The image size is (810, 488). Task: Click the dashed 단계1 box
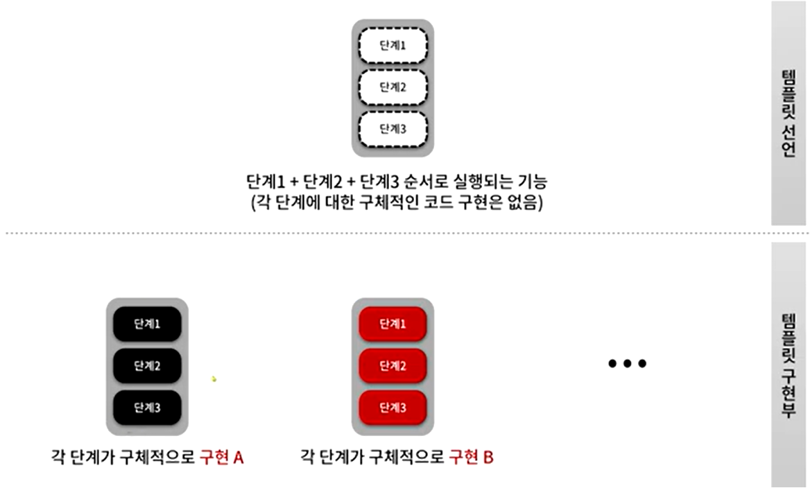pos(393,46)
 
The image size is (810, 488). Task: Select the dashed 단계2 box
pos(393,87)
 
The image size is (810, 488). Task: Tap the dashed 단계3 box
pos(393,129)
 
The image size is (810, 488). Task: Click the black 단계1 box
pos(147,324)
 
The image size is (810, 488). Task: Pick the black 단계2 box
pos(147,365)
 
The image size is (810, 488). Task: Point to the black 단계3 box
pos(147,408)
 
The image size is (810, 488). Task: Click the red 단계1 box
pos(393,324)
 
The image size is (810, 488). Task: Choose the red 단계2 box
pos(393,365)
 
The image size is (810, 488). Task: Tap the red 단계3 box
pos(393,408)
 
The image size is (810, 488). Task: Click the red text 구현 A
pos(221,458)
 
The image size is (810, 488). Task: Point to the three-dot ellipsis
pos(627,363)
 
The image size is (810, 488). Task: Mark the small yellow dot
pos(214,379)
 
